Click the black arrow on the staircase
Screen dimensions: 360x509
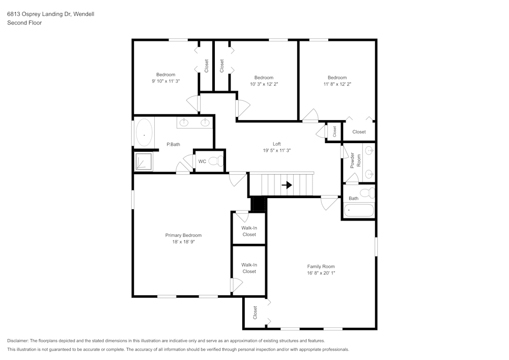[287, 185]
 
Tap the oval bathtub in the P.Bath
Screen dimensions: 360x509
[144, 132]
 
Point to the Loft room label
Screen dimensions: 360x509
[276, 144]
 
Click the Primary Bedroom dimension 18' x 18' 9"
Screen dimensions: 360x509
[183, 242]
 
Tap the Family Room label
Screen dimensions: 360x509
[321, 266]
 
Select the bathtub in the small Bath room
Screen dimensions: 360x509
[359, 209]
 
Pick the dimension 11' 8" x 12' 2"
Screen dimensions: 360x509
[337, 84]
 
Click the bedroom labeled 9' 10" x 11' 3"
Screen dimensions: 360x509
[165, 77]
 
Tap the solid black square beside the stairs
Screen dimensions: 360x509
[259, 204]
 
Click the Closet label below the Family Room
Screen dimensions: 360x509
[255, 312]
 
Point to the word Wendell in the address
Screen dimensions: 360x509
[83, 14]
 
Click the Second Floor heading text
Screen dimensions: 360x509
[24, 23]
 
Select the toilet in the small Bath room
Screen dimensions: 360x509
[371, 192]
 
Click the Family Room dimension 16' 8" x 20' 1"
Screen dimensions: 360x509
[321, 273]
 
